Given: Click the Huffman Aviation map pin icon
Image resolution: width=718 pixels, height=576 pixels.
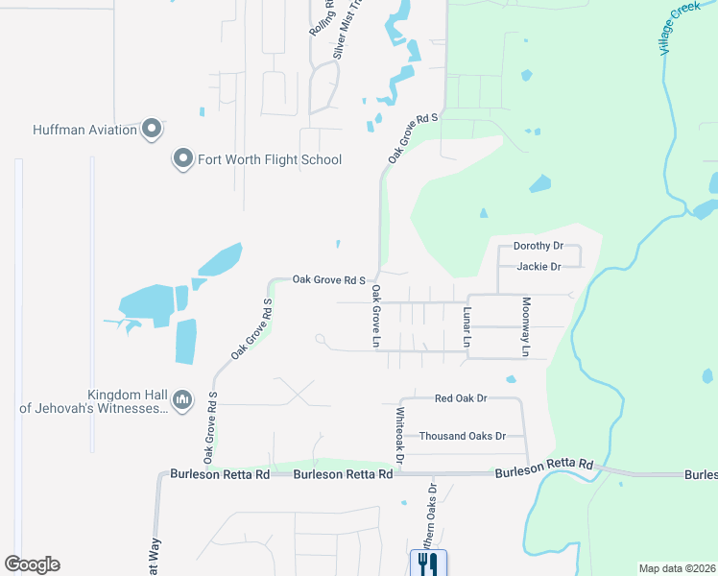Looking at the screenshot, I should (151, 129).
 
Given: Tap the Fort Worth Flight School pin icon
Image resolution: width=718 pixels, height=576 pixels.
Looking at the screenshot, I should (182, 159).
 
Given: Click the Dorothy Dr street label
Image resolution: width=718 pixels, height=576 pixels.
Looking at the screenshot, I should (538, 246).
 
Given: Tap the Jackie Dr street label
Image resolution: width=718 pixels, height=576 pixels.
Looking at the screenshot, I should (538, 266).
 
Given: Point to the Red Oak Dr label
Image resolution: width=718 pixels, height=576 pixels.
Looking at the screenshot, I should (461, 397).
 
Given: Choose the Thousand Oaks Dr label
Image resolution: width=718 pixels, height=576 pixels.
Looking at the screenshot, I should (462, 436).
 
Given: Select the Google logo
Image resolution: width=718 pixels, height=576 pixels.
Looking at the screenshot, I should (32, 564).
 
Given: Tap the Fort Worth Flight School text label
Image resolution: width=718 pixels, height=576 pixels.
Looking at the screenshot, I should (270, 159).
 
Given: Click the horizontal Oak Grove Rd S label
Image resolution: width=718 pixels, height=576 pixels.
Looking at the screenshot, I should (329, 280).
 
